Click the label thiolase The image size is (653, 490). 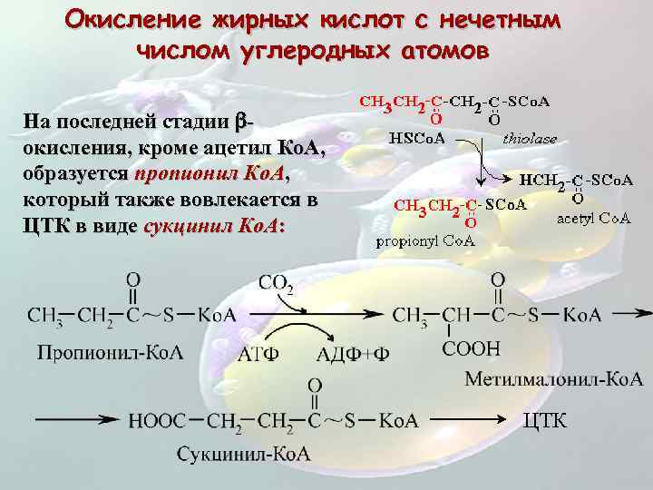tap(530, 139)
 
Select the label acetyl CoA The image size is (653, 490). tap(593, 217)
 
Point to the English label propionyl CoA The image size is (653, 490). tap(425, 240)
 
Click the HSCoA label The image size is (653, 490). tap(417, 139)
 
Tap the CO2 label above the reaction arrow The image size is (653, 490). tap(276, 284)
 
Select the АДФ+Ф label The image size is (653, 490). tap(353, 354)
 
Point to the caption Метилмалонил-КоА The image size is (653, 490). tap(553, 377)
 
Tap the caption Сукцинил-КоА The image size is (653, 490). tap(243, 453)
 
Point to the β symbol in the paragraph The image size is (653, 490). tap(240, 122)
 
